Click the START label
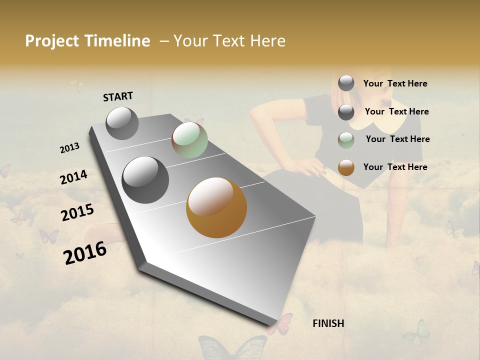(x=118, y=96)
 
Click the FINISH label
(x=328, y=323)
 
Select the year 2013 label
(x=70, y=148)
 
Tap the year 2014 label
(x=74, y=177)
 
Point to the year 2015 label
(x=77, y=212)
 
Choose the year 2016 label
(x=85, y=252)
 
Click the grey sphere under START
(x=122, y=123)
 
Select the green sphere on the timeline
(x=189, y=140)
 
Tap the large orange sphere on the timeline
(x=216, y=207)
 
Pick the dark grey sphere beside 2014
(x=145, y=180)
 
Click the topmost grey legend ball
(x=346, y=83)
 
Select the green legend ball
(x=346, y=140)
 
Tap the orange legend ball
(x=346, y=167)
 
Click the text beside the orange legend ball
(x=395, y=167)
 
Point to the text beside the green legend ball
(x=397, y=139)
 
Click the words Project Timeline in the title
(x=87, y=41)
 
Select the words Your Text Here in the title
(x=229, y=41)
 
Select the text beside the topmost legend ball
(x=395, y=83)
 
